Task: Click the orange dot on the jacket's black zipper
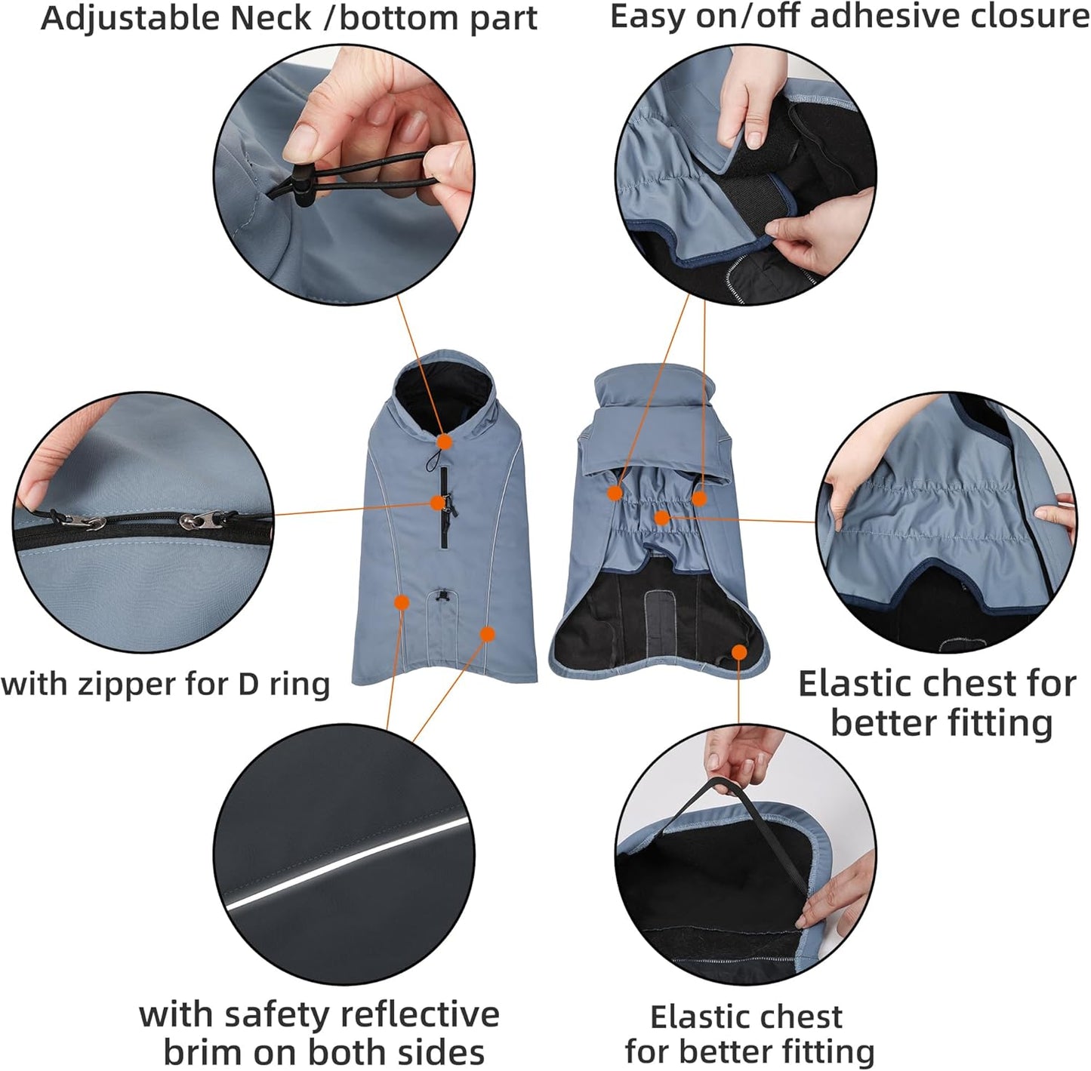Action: click(x=438, y=502)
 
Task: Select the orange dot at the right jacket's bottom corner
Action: click(x=739, y=651)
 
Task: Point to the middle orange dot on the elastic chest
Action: click(x=661, y=518)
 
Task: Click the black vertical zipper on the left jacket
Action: click(x=445, y=521)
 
